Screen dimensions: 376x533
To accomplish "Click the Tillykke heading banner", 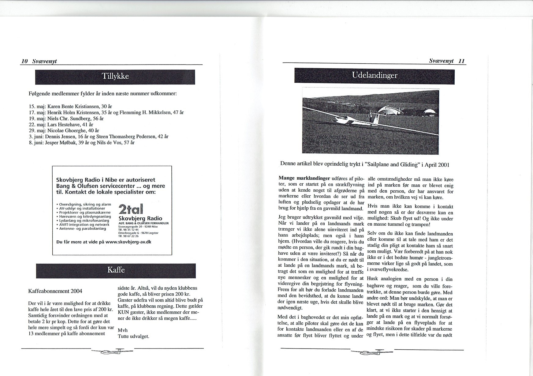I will [115, 77].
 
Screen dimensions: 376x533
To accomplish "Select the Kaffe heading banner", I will [116, 270].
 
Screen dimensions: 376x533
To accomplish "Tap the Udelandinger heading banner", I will [374, 76].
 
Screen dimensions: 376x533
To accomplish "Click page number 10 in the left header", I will [24, 61].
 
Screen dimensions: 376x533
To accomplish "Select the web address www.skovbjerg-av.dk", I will [128, 242].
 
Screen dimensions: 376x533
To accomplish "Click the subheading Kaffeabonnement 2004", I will [55, 291].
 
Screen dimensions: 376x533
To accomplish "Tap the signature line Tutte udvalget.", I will [133, 336].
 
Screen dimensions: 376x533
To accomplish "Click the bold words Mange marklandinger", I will [304, 178].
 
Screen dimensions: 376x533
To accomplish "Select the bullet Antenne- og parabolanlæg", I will [83, 228].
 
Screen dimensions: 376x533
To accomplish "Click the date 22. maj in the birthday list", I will [37, 125].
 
